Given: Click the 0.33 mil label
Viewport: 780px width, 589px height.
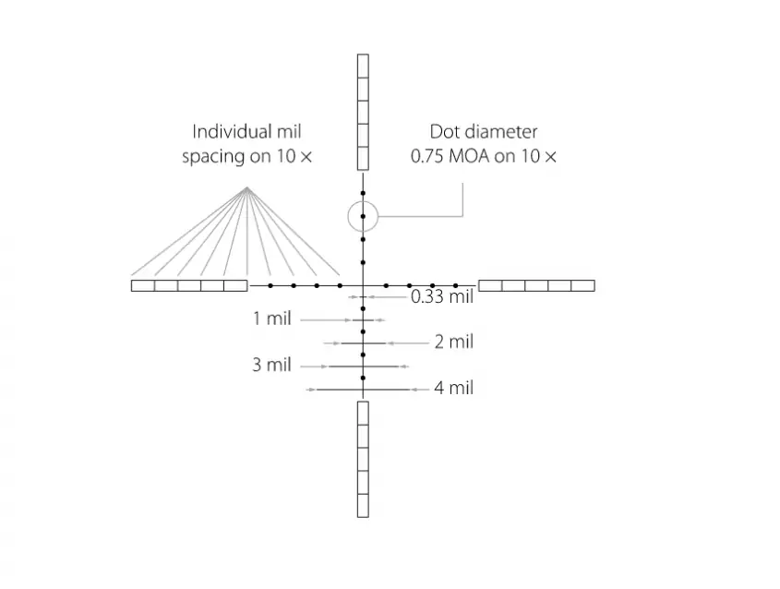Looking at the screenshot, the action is pyautogui.click(x=442, y=297).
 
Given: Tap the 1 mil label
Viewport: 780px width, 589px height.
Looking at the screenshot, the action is pyautogui.click(x=272, y=319).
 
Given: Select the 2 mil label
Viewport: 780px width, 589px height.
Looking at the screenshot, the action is pyautogui.click(x=454, y=342).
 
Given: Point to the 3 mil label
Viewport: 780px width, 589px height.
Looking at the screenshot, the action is pyautogui.click(x=271, y=365).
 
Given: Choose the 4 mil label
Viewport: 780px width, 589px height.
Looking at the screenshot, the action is pyautogui.click(x=454, y=388).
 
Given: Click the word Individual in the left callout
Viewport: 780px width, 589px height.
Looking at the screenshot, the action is pyautogui.click(x=227, y=132).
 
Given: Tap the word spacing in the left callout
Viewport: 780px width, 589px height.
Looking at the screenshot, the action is pyautogui.click(x=213, y=157).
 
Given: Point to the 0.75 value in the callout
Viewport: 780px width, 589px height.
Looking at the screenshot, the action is pyautogui.click(x=427, y=156).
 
